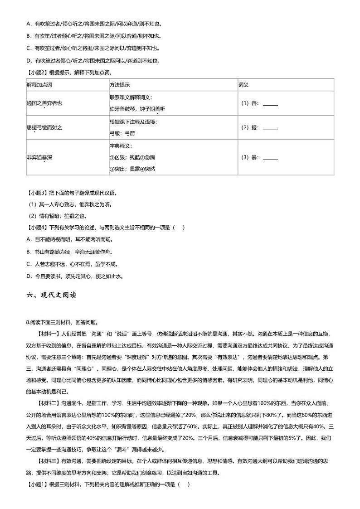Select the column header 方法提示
(x=120, y=85)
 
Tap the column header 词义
(x=243, y=85)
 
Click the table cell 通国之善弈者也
(x=44, y=103)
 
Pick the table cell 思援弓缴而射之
(x=44, y=128)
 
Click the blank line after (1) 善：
(x=270, y=104)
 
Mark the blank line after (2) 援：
(x=270, y=129)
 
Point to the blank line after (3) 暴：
(x=270, y=158)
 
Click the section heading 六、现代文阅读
(x=51, y=295)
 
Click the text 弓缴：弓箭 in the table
(x=122, y=134)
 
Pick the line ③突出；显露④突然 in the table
(x=132, y=169)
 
